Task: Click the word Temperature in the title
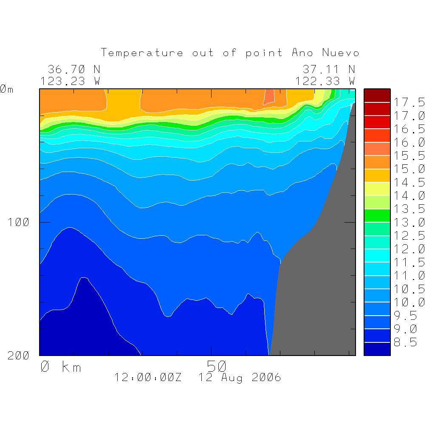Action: tap(142, 53)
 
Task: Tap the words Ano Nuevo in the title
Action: tap(325, 53)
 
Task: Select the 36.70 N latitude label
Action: tap(74, 69)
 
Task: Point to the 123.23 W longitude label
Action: tap(71, 81)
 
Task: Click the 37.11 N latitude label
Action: tap(328, 69)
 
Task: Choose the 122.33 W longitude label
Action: tap(325, 81)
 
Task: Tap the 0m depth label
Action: tap(6, 90)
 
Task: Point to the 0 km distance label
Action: tap(61, 367)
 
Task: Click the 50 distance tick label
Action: tap(217, 366)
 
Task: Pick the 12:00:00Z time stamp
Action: tap(148, 377)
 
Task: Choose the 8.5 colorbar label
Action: tap(405, 342)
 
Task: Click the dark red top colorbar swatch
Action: tap(377, 96)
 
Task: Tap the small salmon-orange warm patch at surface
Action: tap(269, 97)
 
